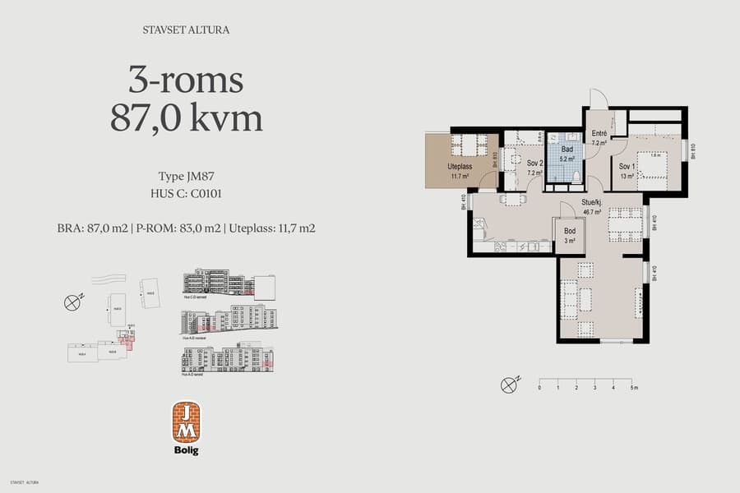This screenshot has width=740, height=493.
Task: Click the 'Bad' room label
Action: [x=567, y=150]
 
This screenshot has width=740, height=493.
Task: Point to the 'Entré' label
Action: [x=598, y=134]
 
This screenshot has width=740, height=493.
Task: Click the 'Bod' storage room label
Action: [x=570, y=232]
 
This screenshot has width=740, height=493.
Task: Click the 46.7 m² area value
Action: [x=594, y=211]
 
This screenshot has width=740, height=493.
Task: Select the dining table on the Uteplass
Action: [x=469, y=145]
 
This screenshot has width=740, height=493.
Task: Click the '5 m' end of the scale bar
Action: [x=634, y=385]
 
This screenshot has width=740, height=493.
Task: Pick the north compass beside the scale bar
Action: [x=510, y=383]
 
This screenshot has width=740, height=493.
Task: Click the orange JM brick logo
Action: [x=187, y=422]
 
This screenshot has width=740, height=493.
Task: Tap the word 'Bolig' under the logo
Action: [x=187, y=449]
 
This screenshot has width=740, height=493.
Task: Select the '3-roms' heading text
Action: [x=186, y=81]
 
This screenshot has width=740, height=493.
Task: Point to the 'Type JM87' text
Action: [x=186, y=177]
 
